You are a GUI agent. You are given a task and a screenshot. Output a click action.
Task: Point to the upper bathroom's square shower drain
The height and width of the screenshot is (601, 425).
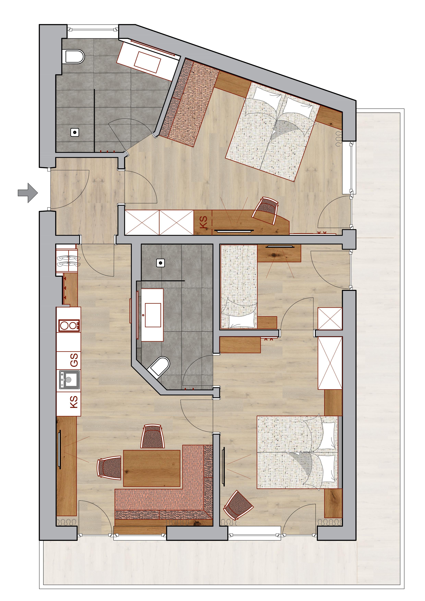[x=75, y=132]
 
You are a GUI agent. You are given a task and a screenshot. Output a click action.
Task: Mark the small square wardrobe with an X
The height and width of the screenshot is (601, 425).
[x=330, y=318]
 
